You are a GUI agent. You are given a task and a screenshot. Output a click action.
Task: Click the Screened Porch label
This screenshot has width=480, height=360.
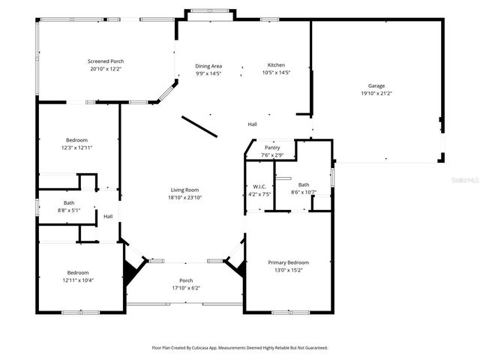pos(105,61)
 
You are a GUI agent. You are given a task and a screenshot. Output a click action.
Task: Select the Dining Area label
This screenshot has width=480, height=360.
pos(208,66)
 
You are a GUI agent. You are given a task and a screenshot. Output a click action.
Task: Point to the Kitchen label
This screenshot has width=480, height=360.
pos(276,65)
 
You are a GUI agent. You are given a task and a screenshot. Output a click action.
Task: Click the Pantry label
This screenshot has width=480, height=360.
pos(271,148)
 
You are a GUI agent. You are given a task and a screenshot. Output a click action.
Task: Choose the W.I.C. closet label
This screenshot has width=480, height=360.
pos(259,186)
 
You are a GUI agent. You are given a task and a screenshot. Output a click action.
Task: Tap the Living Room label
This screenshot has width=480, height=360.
pos(186,190)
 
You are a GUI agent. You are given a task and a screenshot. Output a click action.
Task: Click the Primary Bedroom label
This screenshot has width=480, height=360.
pos(289,262)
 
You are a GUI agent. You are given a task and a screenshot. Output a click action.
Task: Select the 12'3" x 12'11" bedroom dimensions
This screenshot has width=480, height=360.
pos(76,148)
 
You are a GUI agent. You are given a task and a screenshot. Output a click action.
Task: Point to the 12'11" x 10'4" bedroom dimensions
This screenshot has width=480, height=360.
pos(77,280)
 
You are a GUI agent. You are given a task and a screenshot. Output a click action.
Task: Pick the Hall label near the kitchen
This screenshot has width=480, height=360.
pos(253,124)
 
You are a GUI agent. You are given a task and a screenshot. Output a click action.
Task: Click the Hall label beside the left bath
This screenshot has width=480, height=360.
pos(108,217)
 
